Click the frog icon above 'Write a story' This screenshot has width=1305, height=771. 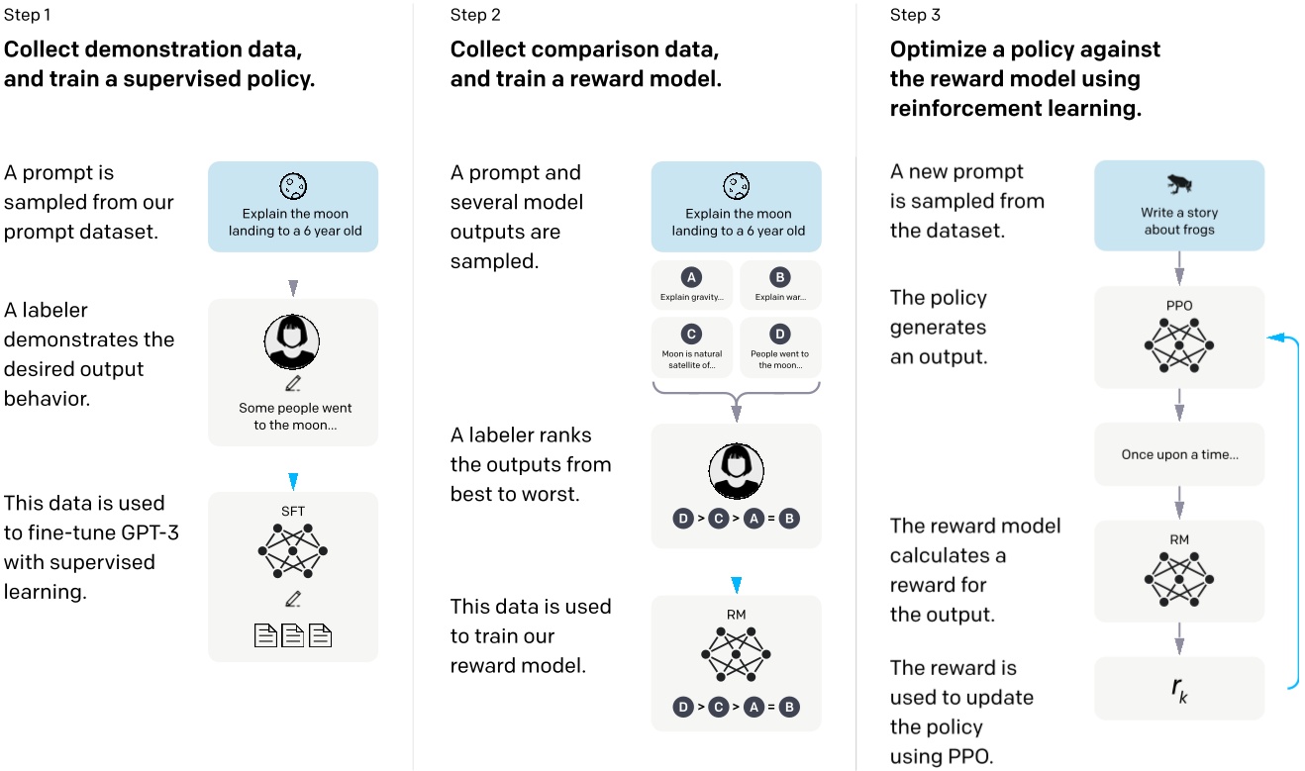pos(1178,184)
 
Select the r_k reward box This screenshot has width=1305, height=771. pos(1178,688)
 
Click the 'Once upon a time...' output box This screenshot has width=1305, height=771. pos(1178,455)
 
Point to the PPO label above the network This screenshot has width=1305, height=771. pos(1178,307)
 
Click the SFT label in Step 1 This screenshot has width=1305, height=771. pos(293,512)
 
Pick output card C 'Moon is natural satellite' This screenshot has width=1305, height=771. pos(692,345)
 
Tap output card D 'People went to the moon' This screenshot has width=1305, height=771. pos(780,345)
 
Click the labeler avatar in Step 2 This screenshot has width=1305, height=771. pos(736,471)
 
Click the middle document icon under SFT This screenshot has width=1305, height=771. pos(293,635)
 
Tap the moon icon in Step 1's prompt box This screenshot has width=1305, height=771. pos(293,185)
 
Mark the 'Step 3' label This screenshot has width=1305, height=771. pos(915,14)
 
